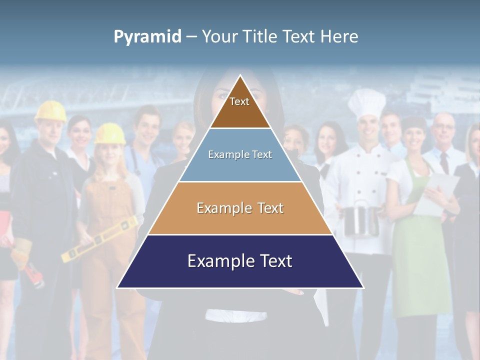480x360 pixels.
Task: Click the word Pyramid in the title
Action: click(147, 36)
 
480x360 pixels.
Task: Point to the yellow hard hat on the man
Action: click(50, 111)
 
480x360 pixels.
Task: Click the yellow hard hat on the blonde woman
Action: click(110, 133)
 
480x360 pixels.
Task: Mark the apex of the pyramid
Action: click(240, 76)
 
